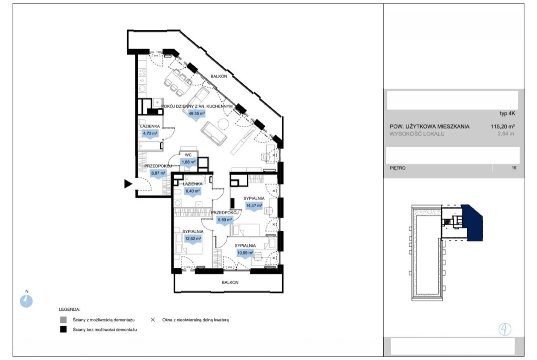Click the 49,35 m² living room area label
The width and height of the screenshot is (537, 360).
(x=196, y=114)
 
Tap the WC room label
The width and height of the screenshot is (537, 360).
(x=188, y=155)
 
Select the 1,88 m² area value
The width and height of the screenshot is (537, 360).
(x=189, y=162)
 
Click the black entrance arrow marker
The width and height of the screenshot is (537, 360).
(x=128, y=184)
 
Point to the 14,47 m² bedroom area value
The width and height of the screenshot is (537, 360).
(x=254, y=205)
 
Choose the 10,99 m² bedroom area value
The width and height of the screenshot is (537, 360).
(x=245, y=253)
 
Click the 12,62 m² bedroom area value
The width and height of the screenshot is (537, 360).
(x=193, y=238)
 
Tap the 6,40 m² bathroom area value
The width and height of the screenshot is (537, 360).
(x=192, y=191)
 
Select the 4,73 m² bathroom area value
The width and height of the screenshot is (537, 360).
(x=150, y=133)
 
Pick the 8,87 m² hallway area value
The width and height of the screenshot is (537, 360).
(x=158, y=173)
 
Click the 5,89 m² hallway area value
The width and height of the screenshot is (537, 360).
(x=224, y=220)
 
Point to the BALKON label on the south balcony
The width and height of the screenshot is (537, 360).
(x=230, y=282)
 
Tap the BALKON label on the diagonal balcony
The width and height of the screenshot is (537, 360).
(x=219, y=76)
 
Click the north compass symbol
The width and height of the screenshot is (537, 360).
(x=26, y=301)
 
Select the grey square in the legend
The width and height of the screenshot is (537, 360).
(x=63, y=320)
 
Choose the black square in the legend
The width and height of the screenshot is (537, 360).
(x=63, y=330)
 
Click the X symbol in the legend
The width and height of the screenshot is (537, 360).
(x=153, y=320)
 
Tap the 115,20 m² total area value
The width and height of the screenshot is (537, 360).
(x=503, y=126)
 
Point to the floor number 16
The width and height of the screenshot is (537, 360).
(x=514, y=168)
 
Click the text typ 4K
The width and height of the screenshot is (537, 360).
(x=508, y=114)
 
